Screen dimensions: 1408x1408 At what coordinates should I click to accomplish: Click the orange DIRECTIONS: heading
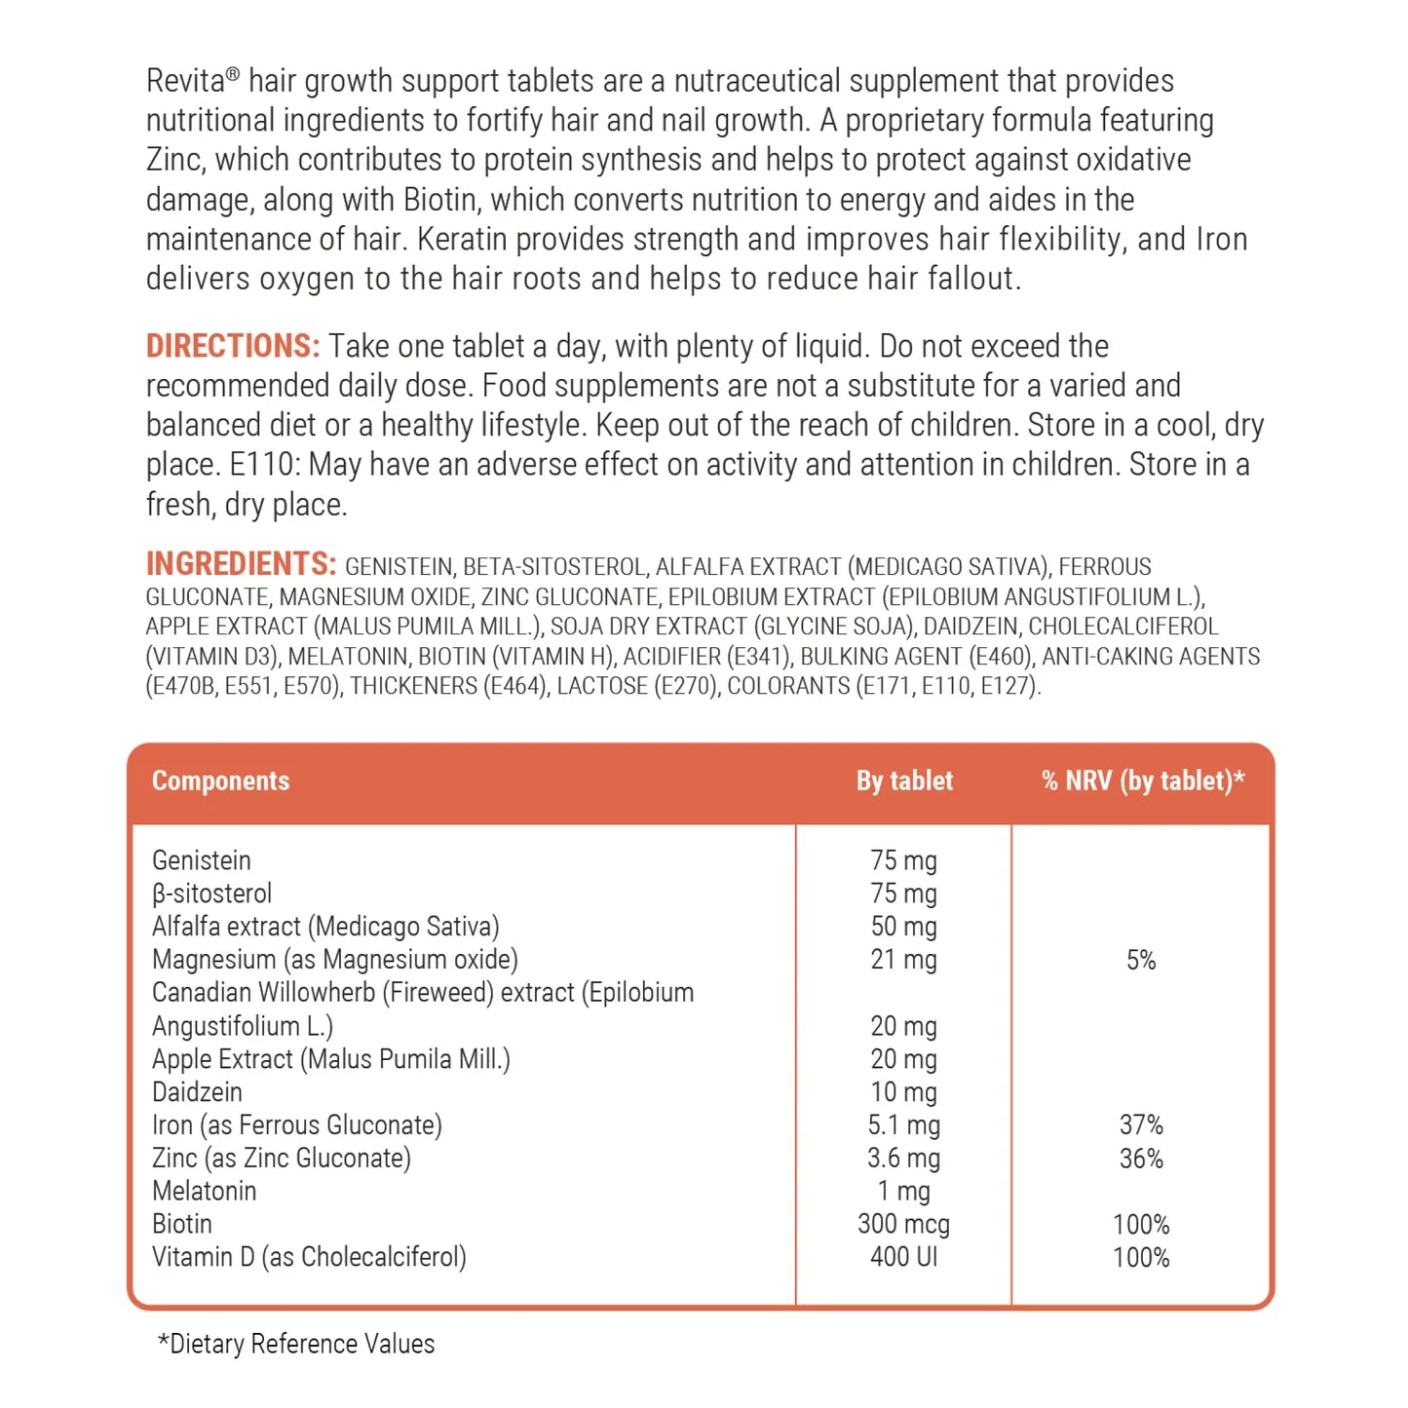click(232, 347)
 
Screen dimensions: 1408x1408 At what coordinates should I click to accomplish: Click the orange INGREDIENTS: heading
click(241, 564)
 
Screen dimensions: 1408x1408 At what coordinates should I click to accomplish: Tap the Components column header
click(220, 781)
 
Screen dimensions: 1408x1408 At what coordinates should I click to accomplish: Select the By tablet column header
click(904, 781)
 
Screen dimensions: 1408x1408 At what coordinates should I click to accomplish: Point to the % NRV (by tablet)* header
click(1142, 781)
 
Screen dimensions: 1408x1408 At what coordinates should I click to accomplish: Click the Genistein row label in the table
click(202, 861)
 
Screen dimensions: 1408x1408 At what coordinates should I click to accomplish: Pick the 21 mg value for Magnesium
click(903, 960)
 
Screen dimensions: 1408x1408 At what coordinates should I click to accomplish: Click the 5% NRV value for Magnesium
click(1141, 961)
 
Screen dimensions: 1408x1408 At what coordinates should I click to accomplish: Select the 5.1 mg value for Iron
click(903, 1125)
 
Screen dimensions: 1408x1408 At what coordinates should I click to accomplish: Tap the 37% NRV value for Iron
click(1141, 1125)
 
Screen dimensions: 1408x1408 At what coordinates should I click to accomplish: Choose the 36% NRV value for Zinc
click(1141, 1159)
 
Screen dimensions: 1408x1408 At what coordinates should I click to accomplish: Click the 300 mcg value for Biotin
click(903, 1225)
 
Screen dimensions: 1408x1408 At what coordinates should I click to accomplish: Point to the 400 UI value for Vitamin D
click(903, 1257)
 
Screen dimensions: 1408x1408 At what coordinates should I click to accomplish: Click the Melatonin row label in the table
click(205, 1192)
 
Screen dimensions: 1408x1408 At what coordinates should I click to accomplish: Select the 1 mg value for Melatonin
click(903, 1192)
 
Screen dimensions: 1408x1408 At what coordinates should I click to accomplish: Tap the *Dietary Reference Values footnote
click(296, 1345)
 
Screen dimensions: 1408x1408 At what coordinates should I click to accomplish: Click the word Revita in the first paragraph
click(186, 82)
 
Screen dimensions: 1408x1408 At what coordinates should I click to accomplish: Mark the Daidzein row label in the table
click(197, 1092)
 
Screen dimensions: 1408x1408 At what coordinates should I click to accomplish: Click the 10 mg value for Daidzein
click(903, 1092)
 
